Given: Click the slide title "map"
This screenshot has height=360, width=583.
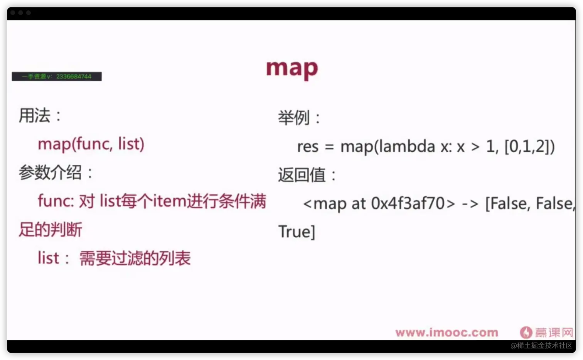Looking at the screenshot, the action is tap(292, 68).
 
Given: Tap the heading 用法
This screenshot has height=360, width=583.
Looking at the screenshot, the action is tap(34, 115).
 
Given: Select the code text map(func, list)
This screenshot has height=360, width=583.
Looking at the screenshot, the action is tap(91, 144).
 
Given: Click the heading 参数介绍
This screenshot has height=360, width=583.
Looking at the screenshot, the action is tap(50, 172).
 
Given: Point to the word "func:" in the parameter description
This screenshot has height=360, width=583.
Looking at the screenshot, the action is tap(56, 201).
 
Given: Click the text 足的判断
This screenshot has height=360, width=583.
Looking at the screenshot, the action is tap(50, 230).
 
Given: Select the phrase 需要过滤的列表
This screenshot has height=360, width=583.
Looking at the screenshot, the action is tap(135, 258).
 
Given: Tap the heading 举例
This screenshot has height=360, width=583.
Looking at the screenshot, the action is tap(294, 118).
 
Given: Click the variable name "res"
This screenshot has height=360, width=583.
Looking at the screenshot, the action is tap(308, 147).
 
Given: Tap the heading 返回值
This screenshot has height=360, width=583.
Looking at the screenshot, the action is tap(302, 175).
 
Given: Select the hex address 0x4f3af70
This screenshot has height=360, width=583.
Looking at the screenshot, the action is tap(408, 203).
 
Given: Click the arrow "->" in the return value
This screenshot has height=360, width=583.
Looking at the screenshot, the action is tap(470, 204).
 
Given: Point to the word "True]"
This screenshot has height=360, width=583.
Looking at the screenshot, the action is tap(297, 232).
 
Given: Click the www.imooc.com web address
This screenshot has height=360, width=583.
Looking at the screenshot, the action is tap(447, 333).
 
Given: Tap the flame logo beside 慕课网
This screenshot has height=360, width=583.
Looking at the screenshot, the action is tap(526, 332).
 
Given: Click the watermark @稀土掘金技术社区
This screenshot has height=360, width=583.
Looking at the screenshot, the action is tap(541, 346).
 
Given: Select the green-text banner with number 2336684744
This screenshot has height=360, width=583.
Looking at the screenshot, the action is tap(57, 76).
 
